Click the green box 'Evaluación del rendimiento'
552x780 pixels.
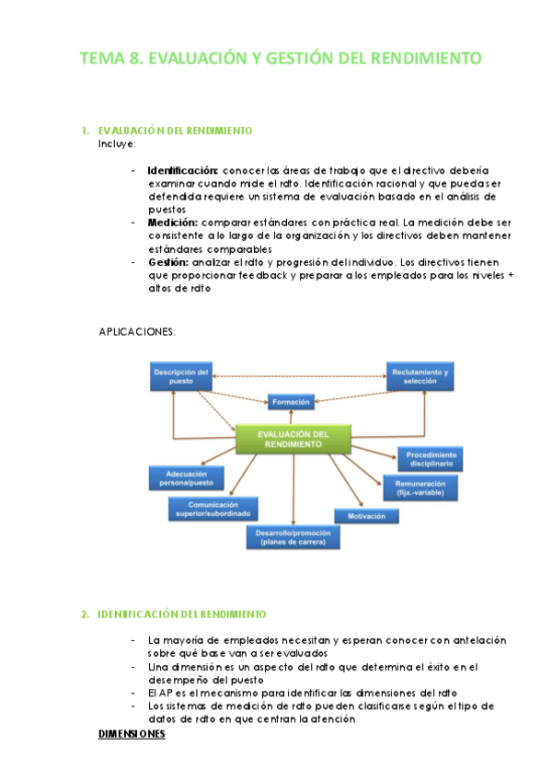click(x=293, y=439)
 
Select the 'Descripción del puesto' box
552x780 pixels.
click(x=183, y=375)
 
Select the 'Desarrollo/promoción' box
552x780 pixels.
click(x=293, y=535)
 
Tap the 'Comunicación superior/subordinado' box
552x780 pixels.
click(x=213, y=509)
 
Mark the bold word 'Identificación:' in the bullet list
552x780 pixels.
click(x=183, y=170)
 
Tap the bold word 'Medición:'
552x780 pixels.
click(x=172, y=223)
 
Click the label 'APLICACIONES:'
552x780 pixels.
click(x=136, y=331)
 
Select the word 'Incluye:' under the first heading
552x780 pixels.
click(x=117, y=143)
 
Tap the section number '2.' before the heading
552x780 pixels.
click(x=85, y=614)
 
